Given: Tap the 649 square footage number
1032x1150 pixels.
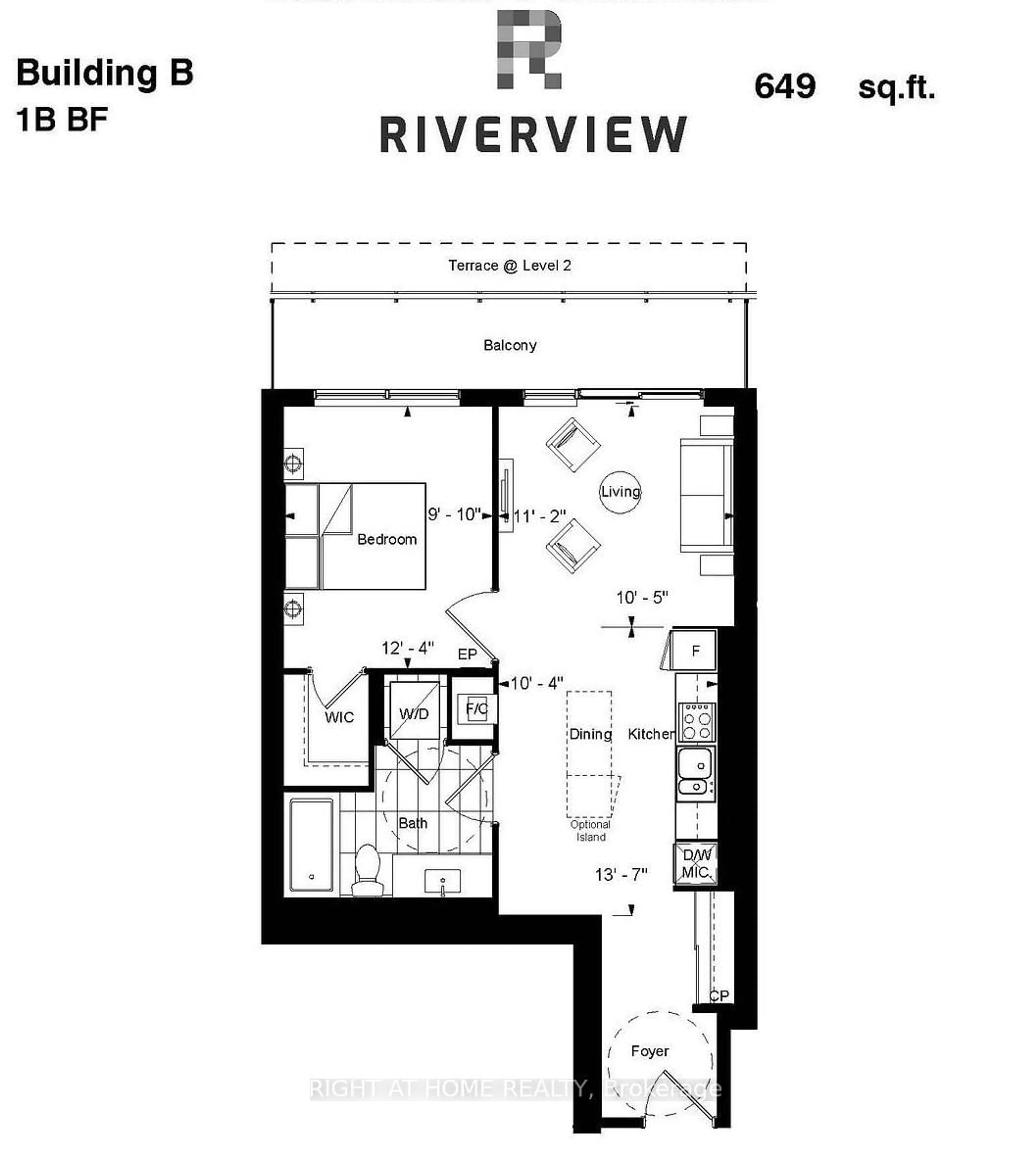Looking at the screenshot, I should click(785, 87).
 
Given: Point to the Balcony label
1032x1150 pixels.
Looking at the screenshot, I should click(510, 345).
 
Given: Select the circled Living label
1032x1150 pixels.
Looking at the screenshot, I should click(620, 492).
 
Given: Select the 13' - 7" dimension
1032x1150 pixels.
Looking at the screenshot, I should click(621, 875).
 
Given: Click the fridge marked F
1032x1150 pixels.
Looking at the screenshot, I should click(695, 651).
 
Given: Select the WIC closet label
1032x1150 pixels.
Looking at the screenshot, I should click(339, 718).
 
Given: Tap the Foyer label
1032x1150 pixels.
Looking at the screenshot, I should click(650, 1051).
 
